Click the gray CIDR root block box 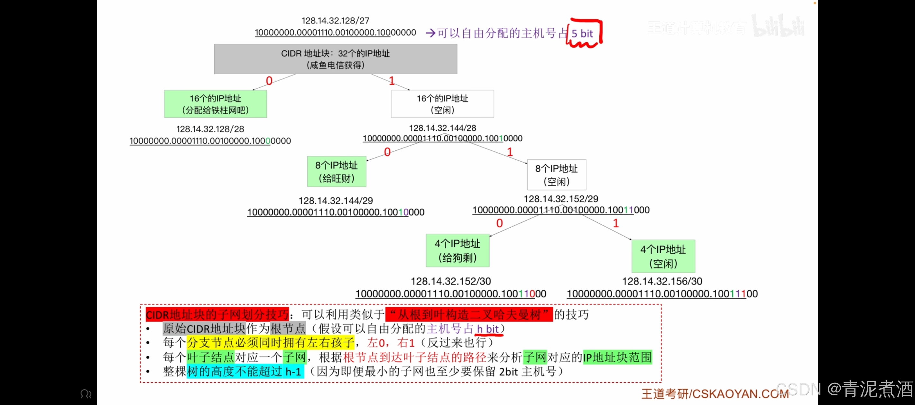click(335, 59)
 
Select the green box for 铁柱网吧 click(215, 104)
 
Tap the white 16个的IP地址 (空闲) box click(442, 104)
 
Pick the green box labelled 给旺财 click(337, 171)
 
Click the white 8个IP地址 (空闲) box click(556, 175)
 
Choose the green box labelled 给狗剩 click(457, 251)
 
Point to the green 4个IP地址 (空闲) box click(663, 256)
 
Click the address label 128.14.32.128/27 click(335, 21)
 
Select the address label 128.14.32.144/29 click(336, 201)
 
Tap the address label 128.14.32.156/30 click(662, 281)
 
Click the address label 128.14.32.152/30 click(451, 281)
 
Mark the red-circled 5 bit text click(582, 33)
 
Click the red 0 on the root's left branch click(269, 81)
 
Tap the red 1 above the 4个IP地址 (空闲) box click(615, 223)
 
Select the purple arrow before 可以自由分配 click(430, 33)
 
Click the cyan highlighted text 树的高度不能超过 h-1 click(245, 371)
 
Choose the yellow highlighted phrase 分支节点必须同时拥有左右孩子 click(271, 343)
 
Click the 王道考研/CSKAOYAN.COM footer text click(715, 394)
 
